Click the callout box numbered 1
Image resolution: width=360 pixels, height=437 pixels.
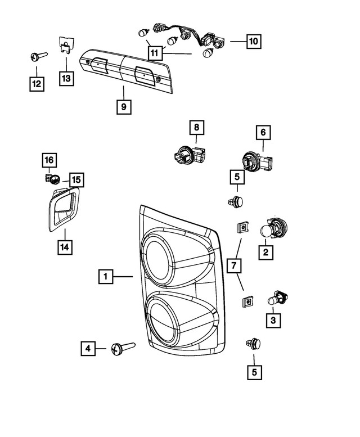point(105,277)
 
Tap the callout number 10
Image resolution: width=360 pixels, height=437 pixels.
point(254,41)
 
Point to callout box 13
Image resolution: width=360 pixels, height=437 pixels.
point(66,78)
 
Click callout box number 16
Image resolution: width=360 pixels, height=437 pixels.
point(49,161)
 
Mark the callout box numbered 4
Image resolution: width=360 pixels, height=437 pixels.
point(87,349)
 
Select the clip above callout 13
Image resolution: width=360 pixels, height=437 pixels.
point(67,44)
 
